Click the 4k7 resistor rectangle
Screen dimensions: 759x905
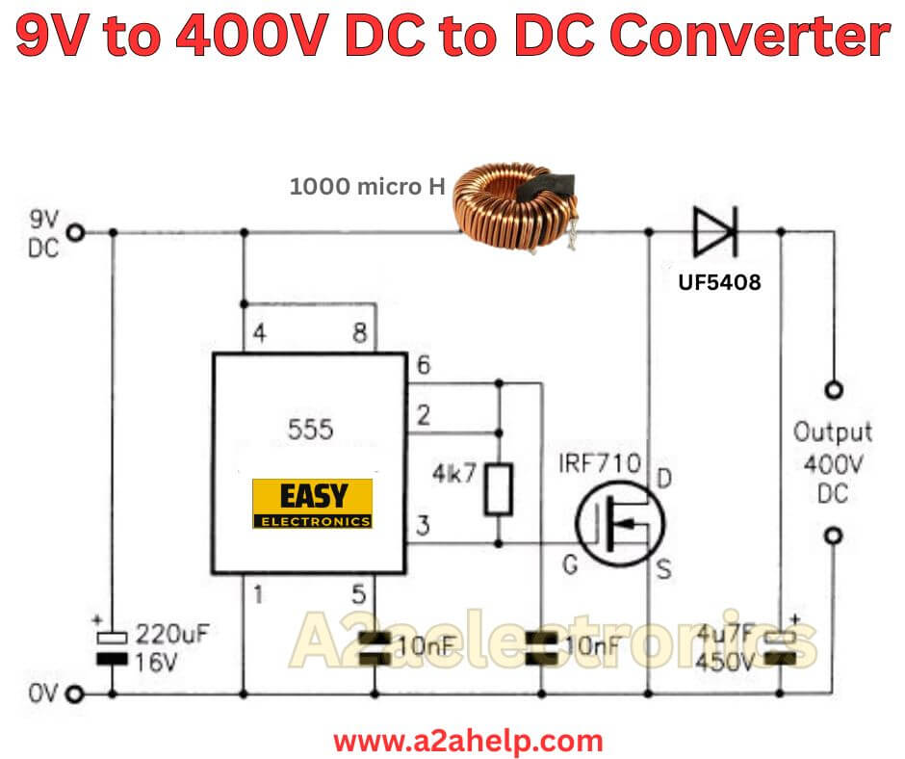pyautogui.click(x=500, y=487)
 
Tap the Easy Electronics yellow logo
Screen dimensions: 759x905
pyautogui.click(x=312, y=504)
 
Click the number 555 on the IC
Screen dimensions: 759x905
pyautogui.click(x=310, y=430)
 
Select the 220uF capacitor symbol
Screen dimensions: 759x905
pyautogui.click(x=114, y=645)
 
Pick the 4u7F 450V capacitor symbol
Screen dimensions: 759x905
pyautogui.click(x=781, y=645)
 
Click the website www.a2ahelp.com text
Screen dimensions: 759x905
pyautogui.click(x=468, y=741)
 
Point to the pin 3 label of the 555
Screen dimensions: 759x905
pyautogui.click(x=422, y=526)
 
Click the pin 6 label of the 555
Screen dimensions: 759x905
pyautogui.click(x=421, y=366)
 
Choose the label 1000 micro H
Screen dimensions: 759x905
pyautogui.click(x=369, y=187)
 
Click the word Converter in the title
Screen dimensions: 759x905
pyautogui.click(x=750, y=38)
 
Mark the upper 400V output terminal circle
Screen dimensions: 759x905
pyautogui.click(x=834, y=390)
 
